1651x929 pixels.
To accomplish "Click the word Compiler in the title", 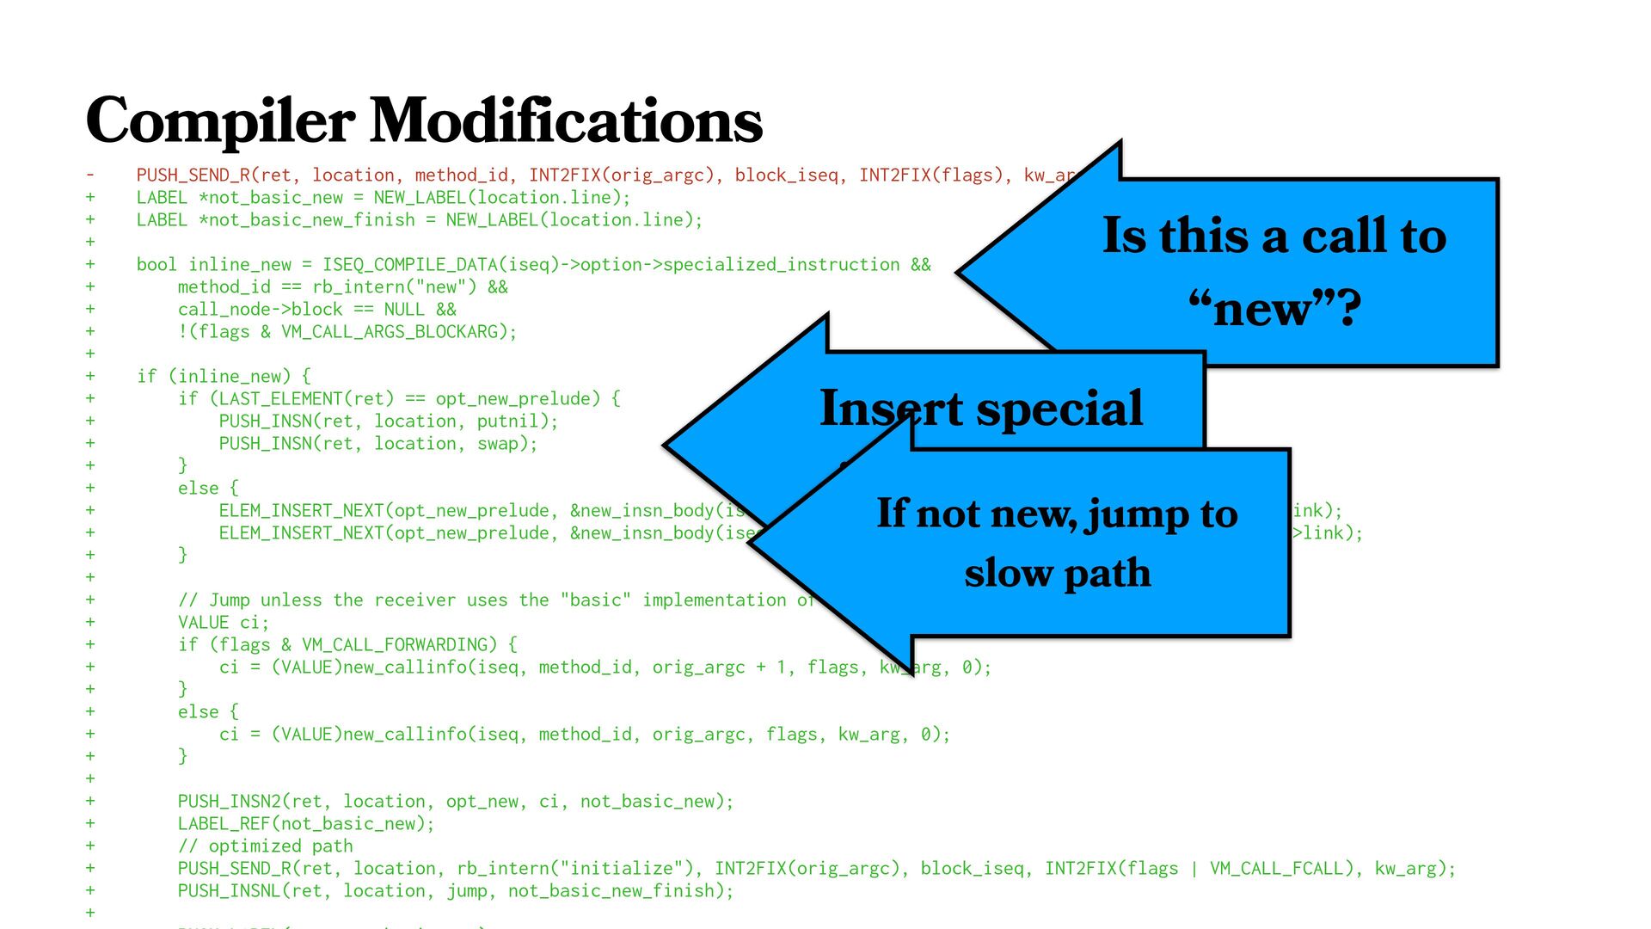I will (x=220, y=121).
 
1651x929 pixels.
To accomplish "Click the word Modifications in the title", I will (x=567, y=121).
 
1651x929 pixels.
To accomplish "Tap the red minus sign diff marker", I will (x=89, y=175).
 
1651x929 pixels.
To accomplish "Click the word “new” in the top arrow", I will (x=1274, y=309).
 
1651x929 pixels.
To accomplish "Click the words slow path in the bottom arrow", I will (x=1057, y=573).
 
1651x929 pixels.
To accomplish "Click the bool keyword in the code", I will (x=157, y=265).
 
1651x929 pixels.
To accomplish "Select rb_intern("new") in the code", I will (x=410, y=287).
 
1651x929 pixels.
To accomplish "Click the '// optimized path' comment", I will (x=265, y=846).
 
